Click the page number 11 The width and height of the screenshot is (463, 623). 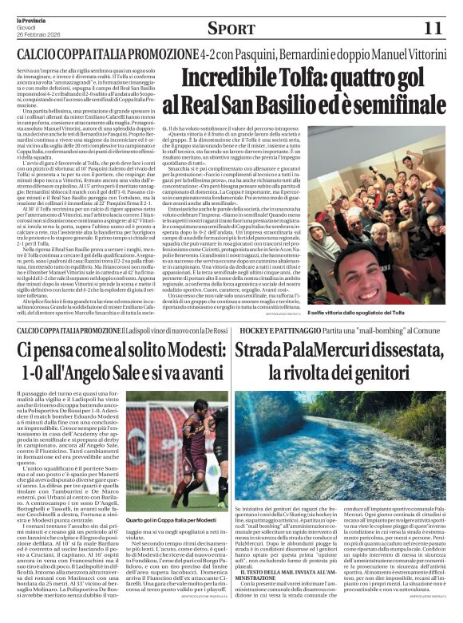tap(432, 29)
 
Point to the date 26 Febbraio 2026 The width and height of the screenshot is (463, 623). tap(34, 33)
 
